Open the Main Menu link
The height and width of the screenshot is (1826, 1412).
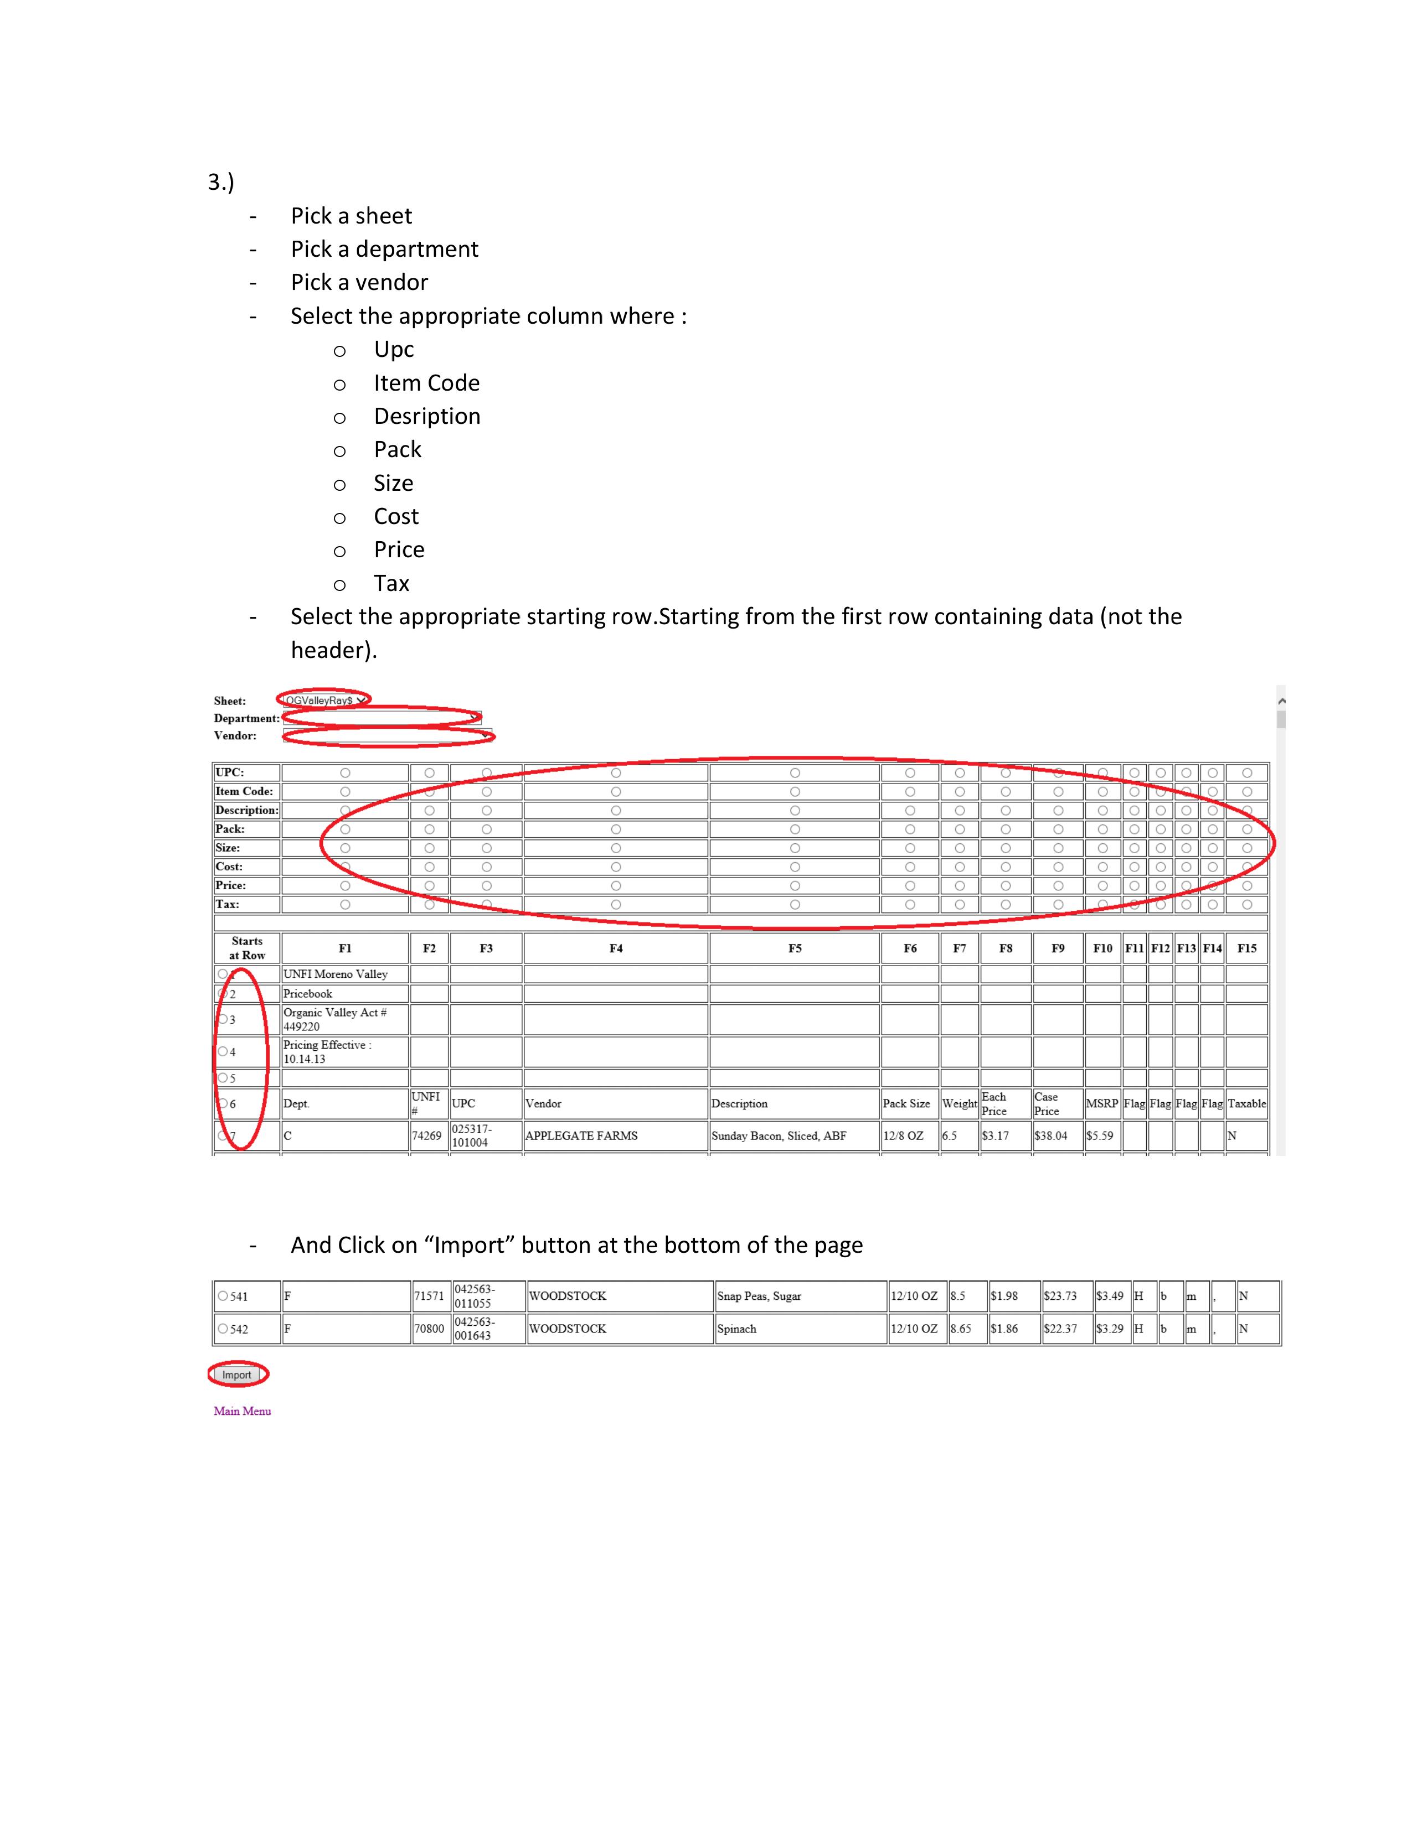tap(242, 1412)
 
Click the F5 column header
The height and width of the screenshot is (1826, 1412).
tap(794, 948)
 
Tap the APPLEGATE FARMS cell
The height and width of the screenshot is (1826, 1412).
tap(581, 1135)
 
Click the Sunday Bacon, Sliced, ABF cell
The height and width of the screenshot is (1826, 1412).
tap(779, 1135)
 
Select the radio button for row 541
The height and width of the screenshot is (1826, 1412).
tap(223, 1296)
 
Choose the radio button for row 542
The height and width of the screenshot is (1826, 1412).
tap(223, 1329)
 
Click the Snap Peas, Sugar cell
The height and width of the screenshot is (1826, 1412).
tap(759, 1296)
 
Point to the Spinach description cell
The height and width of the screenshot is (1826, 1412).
tap(737, 1329)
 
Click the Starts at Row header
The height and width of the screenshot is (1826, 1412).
tap(247, 948)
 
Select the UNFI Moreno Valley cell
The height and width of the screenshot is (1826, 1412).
tap(336, 974)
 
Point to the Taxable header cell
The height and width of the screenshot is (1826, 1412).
tap(1246, 1104)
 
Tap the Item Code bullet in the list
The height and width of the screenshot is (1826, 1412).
tap(426, 383)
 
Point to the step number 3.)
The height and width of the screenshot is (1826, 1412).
tap(221, 182)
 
